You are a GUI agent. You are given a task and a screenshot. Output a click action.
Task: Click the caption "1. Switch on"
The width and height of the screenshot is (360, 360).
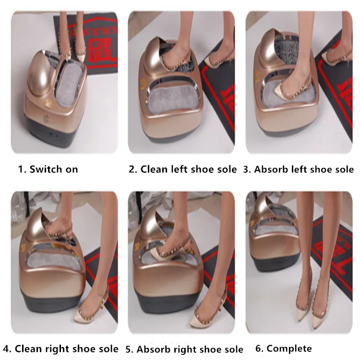(x=48, y=169)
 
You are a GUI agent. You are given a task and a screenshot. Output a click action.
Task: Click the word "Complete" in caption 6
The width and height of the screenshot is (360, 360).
(x=289, y=348)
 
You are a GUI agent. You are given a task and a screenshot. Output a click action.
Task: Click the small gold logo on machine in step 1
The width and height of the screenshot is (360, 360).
(x=48, y=102)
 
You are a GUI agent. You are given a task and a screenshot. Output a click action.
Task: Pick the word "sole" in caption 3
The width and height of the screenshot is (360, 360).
(x=344, y=169)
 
